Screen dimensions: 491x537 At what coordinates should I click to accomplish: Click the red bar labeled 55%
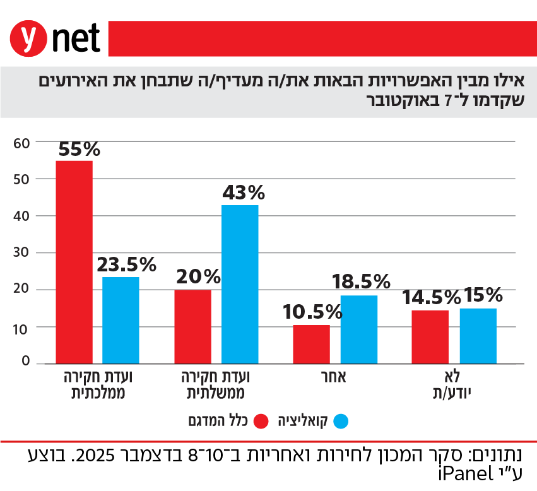tap(74, 262)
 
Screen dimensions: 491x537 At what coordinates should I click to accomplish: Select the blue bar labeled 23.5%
tap(121, 320)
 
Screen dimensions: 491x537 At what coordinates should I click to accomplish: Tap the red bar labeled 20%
tap(193, 326)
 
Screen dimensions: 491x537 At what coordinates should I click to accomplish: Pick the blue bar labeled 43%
tap(240, 284)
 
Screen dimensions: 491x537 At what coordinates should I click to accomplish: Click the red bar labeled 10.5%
tap(312, 344)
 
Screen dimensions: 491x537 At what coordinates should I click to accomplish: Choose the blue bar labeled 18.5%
tap(359, 329)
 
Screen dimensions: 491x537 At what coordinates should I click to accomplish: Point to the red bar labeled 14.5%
tap(431, 336)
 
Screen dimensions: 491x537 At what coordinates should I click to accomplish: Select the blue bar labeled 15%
tap(478, 336)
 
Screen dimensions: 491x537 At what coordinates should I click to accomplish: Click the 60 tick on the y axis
tap(21, 143)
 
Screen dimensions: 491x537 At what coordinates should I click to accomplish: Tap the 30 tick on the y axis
tap(21, 253)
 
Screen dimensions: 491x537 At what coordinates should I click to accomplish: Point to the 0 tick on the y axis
tap(25, 361)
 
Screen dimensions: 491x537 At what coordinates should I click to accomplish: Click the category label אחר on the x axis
tap(335, 377)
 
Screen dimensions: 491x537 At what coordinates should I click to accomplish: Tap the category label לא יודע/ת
tap(454, 385)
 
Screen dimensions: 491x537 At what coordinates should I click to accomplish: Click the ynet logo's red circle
tap(28, 38)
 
